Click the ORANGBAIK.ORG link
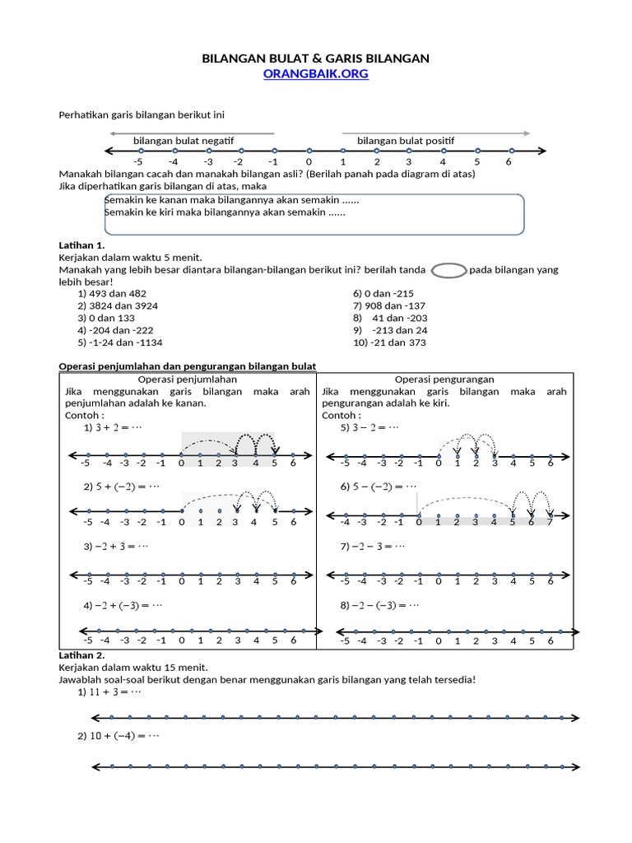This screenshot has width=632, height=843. (315, 74)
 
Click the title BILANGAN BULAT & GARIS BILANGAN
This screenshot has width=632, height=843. (316, 58)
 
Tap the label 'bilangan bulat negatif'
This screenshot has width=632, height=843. (184, 141)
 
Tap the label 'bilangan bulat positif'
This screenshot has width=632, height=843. (406, 141)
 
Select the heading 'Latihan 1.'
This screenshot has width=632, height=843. (82, 245)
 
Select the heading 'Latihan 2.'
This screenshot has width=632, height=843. (82, 654)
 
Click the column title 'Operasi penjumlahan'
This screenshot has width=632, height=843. (188, 380)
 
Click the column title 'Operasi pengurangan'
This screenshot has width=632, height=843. (444, 380)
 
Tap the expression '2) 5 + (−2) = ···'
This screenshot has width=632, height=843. (123, 487)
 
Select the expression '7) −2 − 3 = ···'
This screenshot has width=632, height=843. (375, 546)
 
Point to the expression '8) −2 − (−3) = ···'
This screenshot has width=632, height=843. (380, 605)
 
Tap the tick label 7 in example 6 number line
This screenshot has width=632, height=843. (551, 522)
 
